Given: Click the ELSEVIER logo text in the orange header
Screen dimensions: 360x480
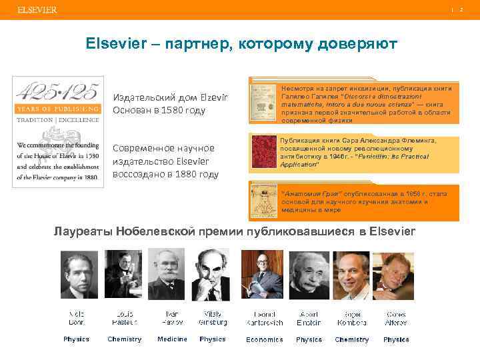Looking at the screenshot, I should [37, 10].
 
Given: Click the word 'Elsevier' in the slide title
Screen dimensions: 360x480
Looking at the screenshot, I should [114, 44].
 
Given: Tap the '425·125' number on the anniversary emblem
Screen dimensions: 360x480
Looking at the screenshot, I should [58, 93].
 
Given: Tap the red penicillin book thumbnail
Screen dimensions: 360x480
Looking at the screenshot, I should [262, 151].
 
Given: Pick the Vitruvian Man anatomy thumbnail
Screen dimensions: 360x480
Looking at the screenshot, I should [262, 201].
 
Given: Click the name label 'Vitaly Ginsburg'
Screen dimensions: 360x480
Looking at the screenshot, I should [213, 318].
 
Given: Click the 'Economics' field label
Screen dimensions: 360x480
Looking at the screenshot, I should [264, 339].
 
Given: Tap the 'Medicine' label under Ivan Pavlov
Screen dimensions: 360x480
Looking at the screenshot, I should [172, 339].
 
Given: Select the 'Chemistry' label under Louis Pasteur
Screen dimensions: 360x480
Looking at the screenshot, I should [125, 339].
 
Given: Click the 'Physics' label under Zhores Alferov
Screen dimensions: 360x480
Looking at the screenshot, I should [396, 339].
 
